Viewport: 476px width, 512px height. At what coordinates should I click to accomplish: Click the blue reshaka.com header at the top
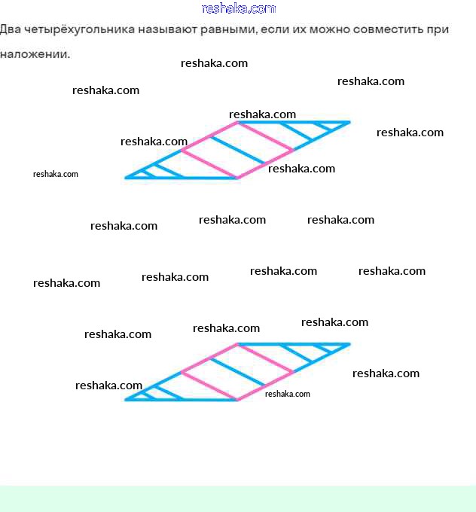239,8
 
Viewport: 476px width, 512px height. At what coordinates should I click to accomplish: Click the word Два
11,30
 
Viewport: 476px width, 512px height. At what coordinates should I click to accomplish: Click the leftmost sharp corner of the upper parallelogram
127,178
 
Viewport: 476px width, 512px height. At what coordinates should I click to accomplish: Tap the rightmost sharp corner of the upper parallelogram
349,122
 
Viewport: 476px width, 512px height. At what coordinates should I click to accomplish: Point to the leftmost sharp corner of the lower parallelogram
127,399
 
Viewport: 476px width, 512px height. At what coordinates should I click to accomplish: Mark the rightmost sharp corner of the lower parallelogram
349,344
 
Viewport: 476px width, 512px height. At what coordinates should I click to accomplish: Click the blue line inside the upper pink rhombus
237,150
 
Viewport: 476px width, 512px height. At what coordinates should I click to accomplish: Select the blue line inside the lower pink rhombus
236,372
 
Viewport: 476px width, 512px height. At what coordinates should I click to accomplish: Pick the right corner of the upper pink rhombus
292,150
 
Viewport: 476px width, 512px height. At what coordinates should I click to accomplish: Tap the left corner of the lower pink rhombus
182,371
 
